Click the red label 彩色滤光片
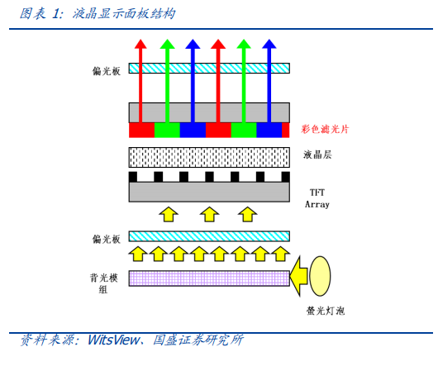pos(325,129)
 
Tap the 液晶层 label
pos(317,154)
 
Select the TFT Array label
pos(317,198)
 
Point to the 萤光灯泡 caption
pos(326,311)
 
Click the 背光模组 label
pos(104,283)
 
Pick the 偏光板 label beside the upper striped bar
pos(107,71)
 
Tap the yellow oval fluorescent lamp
pos(320,276)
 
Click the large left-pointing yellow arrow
pos(298,277)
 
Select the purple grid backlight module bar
pos(209,278)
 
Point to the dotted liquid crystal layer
pos(209,157)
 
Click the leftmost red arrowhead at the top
pos(140,44)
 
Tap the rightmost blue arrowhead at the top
pos(269,44)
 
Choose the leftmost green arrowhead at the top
pos(167,44)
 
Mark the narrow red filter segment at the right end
pos(285,130)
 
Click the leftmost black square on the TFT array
pos(133,177)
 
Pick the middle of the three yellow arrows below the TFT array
pos(210,214)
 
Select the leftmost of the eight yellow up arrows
pos(138,254)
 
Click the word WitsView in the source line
pos(114,340)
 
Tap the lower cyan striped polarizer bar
pos(209,236)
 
